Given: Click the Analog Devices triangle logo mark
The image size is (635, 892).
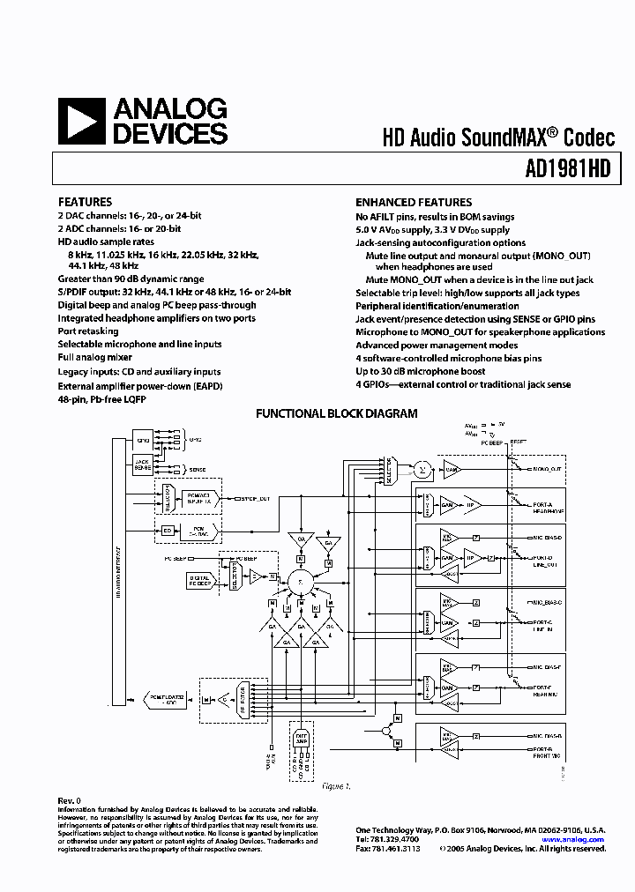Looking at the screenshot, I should [x=81, y=122].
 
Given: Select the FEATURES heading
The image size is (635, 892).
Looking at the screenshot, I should [x=85, y=202].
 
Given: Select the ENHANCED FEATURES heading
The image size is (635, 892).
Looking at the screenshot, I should [x=414, y=202].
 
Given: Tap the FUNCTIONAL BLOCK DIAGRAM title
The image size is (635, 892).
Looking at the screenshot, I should [x=336, y=413].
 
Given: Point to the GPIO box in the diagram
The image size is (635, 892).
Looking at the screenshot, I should [x=143, y=438].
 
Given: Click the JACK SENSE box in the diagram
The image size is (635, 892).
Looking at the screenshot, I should [x=143, y=465].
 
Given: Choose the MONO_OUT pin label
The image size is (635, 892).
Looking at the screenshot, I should [x=546, y=469].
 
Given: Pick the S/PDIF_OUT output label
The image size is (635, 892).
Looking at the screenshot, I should [x=252, y=499].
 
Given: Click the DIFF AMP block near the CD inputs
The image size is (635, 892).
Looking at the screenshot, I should [x=302, y=741].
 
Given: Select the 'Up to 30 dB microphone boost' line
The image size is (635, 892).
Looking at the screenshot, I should [x=422, y=371].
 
